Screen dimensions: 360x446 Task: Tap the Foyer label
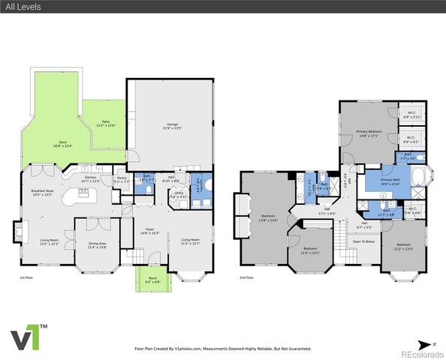coord(150,232)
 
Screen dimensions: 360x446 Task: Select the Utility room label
coord(179,194)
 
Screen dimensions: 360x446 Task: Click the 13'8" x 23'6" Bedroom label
coord(269,218)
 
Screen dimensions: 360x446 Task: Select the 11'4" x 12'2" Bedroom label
coord(310,251)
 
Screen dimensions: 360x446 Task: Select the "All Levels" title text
coord(23,7)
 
